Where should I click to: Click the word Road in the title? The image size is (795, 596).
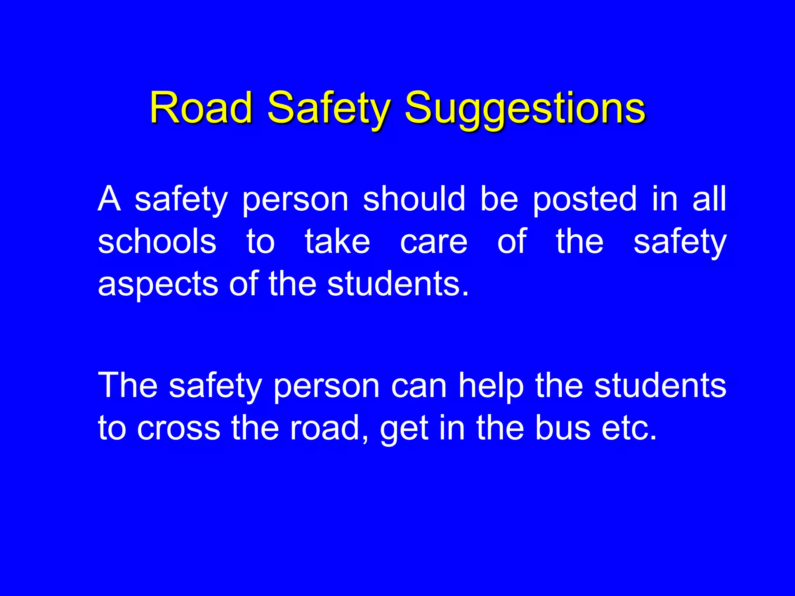[201, 107]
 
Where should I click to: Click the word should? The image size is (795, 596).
[414, 199]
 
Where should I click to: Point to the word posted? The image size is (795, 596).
[585, 199]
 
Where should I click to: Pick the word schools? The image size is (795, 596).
[157, 241]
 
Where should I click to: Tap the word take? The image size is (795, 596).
[337, 241]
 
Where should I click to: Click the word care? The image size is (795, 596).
[434, 241]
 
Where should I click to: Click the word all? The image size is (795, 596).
[709, 199]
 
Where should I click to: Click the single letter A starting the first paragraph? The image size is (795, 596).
[109, 199]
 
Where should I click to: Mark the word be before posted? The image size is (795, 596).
[499, 199]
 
